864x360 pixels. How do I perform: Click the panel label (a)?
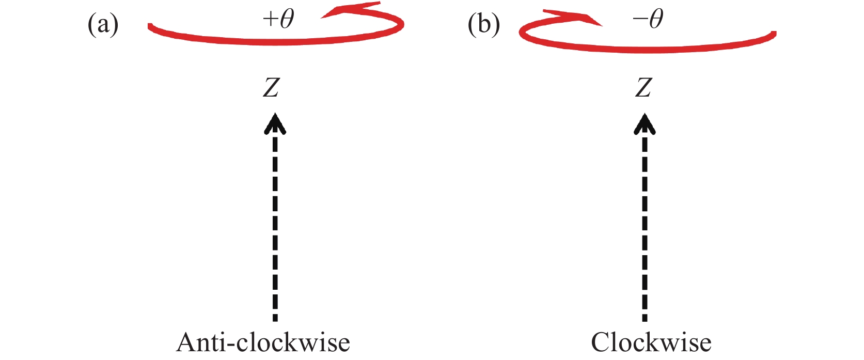click(103, 24)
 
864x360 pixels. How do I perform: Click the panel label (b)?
click(483, 24)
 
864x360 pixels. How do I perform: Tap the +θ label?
click(278, 20)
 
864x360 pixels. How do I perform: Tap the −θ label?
click(648, 20)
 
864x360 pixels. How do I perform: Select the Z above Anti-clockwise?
click(271, 87)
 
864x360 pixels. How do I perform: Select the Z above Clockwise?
click(643, 87)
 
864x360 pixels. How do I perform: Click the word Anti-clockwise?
click(263, 342)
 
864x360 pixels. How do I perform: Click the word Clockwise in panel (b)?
click(651, 342)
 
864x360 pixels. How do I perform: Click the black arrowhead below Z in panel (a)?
click(275, 124)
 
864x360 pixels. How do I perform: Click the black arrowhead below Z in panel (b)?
click(644, 124)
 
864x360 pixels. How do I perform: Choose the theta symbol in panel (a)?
click(286, 19)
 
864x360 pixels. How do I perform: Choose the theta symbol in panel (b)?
click(655, 19)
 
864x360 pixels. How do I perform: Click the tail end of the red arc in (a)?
click(150, 26)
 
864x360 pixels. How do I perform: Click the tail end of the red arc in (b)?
click(773, 34)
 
